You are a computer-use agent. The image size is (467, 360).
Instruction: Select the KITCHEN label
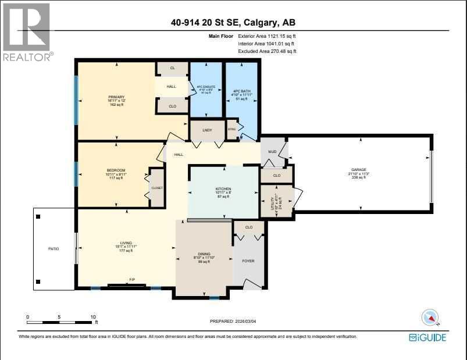click(223, 189)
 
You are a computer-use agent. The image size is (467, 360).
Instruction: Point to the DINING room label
click(204, 254)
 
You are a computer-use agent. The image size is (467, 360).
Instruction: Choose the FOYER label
click(248, 261)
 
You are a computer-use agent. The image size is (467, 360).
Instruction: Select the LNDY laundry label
click(207, 131)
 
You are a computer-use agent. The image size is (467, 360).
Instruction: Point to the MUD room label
click(272, 151)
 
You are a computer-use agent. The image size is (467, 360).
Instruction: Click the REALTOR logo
click(27, 32)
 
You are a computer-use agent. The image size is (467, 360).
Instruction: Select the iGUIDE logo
click(432, 337)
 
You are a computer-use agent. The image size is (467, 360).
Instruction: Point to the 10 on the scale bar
click(92, 317)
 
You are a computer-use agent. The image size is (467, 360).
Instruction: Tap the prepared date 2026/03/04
click(244, 321)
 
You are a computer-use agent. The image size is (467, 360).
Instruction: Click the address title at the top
click(233, 23)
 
